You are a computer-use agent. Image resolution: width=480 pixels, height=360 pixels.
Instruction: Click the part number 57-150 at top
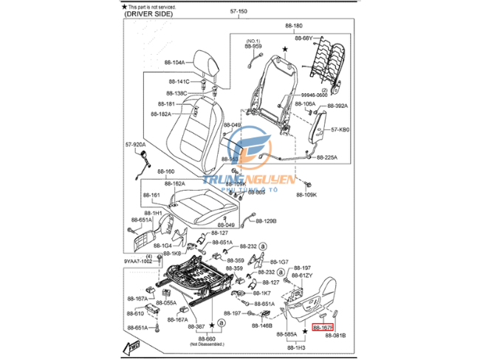[239, 12]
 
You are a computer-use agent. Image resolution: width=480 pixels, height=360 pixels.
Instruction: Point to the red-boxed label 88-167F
[323, 326]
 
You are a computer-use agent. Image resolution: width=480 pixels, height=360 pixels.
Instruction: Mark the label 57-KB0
[340, 129]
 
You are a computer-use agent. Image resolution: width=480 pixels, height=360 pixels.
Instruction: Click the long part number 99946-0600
[314, 95]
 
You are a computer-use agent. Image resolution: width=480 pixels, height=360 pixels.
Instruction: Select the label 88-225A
[326, 157]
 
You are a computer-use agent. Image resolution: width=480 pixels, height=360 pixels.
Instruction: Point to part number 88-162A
[175, 183]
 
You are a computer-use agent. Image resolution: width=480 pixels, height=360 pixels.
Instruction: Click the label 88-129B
[266, 220]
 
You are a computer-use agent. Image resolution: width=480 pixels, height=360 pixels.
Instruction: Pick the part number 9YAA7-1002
[137, 261]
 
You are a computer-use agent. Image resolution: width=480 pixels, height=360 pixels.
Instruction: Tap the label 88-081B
[335, 336]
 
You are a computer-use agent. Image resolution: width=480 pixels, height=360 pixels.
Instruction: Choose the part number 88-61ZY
[302, 275]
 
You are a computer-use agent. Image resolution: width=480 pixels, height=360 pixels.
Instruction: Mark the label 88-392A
[337, 106]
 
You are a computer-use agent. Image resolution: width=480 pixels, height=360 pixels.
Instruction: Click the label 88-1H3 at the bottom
[296, 347]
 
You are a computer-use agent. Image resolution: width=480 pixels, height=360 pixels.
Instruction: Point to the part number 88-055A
[165, 303]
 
